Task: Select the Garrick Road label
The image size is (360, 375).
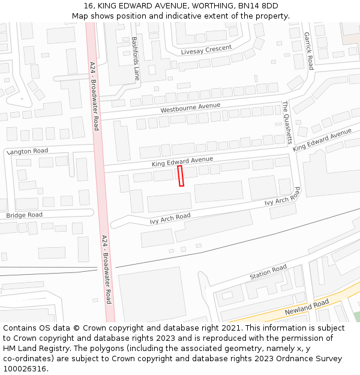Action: click(308, 51)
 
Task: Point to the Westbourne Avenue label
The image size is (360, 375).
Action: click(190, 109)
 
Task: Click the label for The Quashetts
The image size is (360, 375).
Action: click(287, 122)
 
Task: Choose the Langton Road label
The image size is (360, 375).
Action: click(27, 151)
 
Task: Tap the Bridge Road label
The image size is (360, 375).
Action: click(25, 215)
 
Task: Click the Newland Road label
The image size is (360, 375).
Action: click(307, 308)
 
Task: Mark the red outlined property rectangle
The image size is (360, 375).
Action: click(181, 176)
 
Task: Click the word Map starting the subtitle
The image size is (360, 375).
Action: click(80, 16)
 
